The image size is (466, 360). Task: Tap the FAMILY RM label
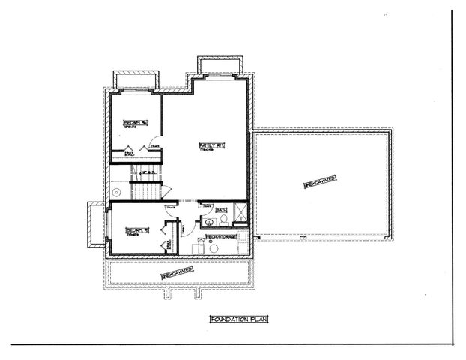(207, 145)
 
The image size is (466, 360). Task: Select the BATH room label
(221, 211)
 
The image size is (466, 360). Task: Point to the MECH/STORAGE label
(222, 237)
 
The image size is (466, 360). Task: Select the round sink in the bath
(204, 222)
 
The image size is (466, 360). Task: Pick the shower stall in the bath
(239, 217)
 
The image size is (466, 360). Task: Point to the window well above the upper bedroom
(136, 80)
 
